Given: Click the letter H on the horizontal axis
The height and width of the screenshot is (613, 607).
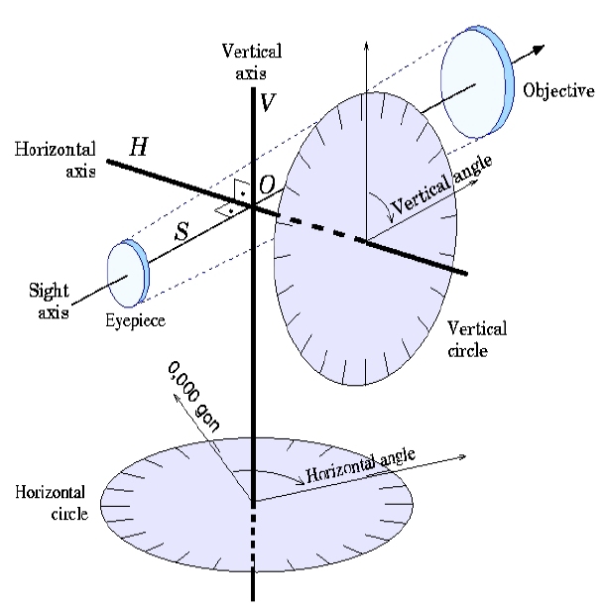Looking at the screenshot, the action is coord(139,147).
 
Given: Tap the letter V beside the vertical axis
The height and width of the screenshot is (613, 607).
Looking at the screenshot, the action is coord(268,103).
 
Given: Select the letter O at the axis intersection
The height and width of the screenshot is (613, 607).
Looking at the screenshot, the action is coord(267,184).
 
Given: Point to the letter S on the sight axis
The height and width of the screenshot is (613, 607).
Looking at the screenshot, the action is coord(182,231).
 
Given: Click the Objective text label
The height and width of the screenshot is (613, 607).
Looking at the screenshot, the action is coord(558,90).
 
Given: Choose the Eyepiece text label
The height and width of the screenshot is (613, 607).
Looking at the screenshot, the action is coord(135,320).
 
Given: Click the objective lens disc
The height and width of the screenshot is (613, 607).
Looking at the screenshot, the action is coord(477,82).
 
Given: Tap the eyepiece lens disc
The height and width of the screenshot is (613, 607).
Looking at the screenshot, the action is coord(128,273).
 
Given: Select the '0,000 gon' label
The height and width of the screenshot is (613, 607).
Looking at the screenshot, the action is coord(193,397).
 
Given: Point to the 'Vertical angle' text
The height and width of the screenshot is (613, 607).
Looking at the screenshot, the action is coord(441,184).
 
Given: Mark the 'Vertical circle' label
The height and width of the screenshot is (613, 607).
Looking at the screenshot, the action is coord(477,339).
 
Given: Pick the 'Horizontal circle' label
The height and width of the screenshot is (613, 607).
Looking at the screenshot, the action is coord(52,502).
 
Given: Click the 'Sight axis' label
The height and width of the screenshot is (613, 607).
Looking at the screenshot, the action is coord(50,301).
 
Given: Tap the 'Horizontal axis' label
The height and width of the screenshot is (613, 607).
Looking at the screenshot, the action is coord(56,160).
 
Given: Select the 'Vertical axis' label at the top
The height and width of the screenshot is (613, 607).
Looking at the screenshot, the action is coord(252,61).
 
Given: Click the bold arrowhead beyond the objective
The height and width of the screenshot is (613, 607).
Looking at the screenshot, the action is coord(539,50).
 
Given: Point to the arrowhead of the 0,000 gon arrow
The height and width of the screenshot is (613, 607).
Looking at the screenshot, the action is coord(177,397).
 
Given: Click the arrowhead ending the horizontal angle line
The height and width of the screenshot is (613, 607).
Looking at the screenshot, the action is coord(462,456).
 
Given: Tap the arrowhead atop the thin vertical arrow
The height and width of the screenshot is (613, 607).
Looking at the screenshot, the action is coord(366,45).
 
